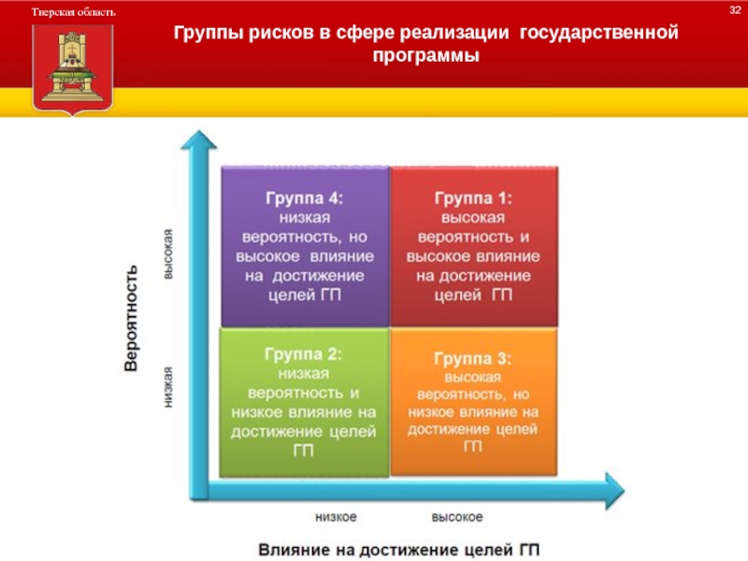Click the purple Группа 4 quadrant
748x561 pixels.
[x=305, y=246]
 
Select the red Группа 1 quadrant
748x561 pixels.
[x=474, y=246]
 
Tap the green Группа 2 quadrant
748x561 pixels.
[x=303, y=402]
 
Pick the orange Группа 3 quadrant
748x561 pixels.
[x=473, y=402]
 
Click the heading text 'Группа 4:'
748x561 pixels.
[x=305, y=198]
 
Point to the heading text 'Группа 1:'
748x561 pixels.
[x=474, y=198]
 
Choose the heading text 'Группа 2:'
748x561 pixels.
[x=303, y=354]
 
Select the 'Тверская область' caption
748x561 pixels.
[x=75, y=12]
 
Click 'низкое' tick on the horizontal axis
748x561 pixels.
[x=336, y=517]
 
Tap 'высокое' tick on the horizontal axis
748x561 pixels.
[x=457, y=517]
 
